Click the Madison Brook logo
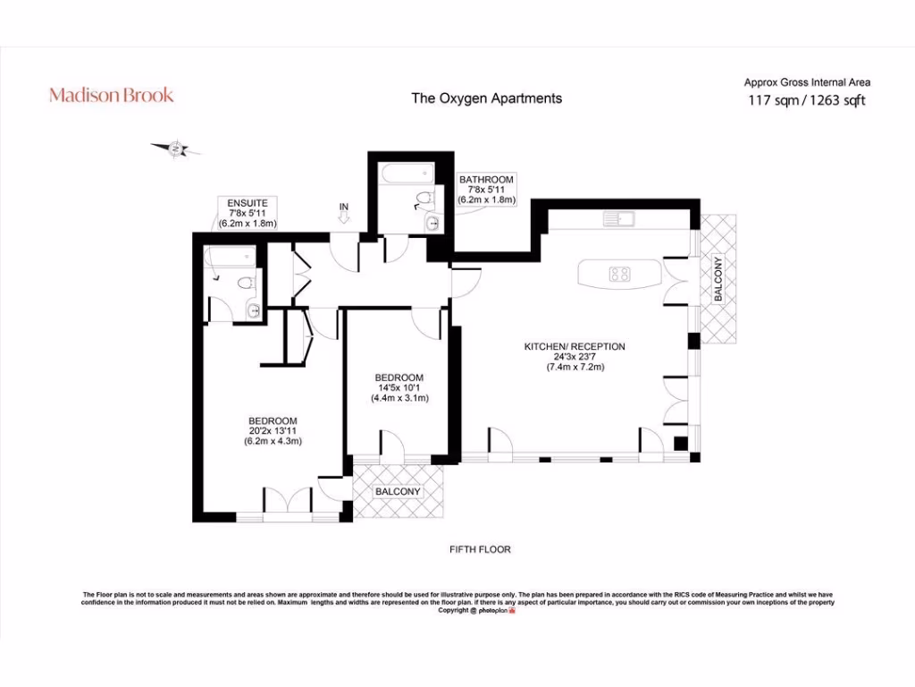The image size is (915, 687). pyautogui.click(x=111, y=95)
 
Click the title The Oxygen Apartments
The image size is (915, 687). pyautogui.click(x=486, y=98)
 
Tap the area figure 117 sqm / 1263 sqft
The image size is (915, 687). pyautogui.click(x=806, y=100)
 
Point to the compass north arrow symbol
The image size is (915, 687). pyautogui.click(x=175, y=148)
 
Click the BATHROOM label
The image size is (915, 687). pyautogui.click(x=486, y=180)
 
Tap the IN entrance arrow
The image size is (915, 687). pyautogui.click(x=343, y=216)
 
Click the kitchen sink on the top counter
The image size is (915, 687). pyautogui.click(x=617, y=217)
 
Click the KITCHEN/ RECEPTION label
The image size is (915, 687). pyautogui.click(x=575, y=346)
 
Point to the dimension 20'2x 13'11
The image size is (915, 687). pyautogui.click(x=273, y=431)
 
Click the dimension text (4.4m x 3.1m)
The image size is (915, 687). pyautogui.click(x=399, y=399)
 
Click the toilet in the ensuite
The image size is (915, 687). pyautogui.click(x=246, y=284)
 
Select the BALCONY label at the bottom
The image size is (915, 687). pyautogui.click(x=398, y=492)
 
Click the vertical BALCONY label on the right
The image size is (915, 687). pyautogui.click(x=717, y=281)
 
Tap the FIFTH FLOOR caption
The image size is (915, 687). pyautogui.click(x=480, y=549)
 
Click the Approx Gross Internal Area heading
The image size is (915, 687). pyautogui.click(x=807, y=82)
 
